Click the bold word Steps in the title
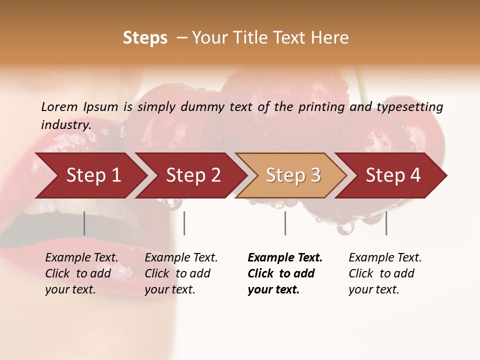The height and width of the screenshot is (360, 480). coord(145,38)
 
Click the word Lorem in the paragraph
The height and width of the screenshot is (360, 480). coord(59,106)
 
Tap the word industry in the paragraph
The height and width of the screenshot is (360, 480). coord(65,124)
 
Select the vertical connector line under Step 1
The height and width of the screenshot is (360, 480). coord(84,223)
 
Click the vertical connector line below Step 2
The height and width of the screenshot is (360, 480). coord(184,223)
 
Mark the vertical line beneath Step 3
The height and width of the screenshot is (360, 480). coord(285,223)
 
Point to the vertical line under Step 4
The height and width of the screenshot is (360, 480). coord(386,223)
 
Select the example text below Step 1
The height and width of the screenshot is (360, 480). coord(81,273)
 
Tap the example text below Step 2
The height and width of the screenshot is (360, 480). coord(181,273)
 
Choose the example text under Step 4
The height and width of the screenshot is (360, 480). coord(385,273)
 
